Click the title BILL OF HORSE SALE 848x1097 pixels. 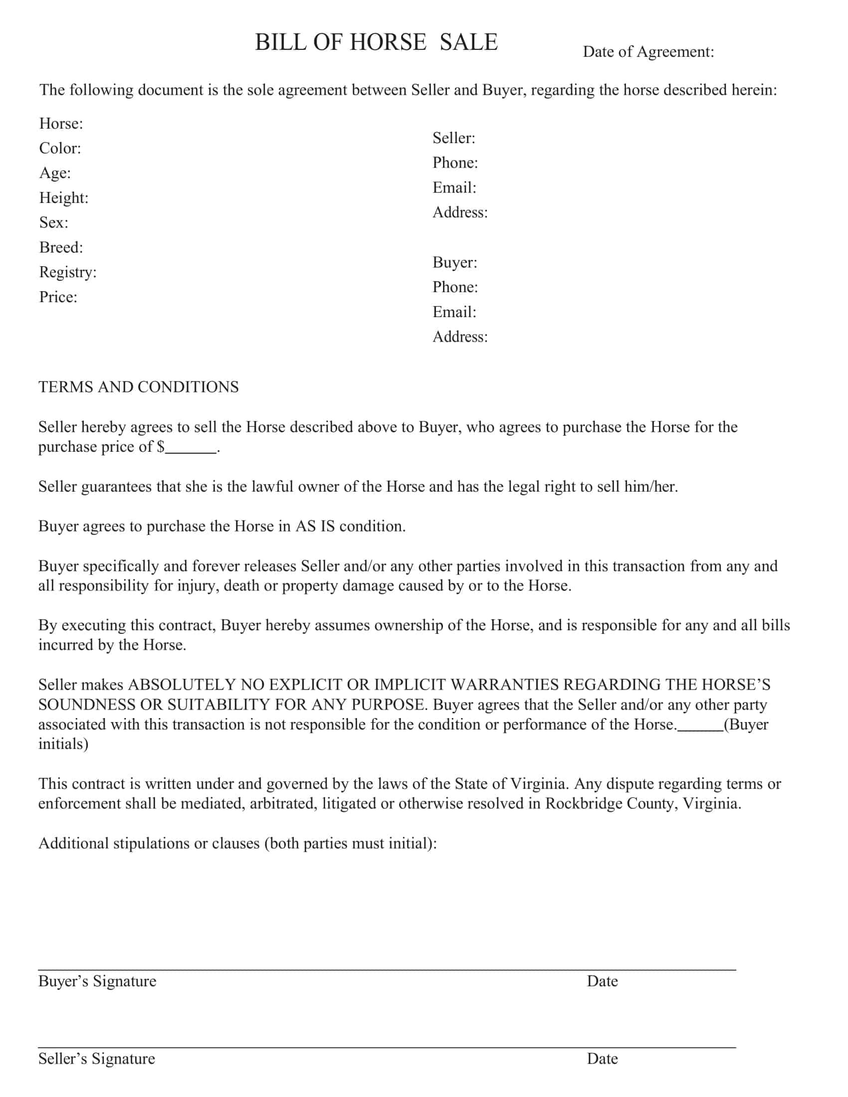pyautogui.click(x=376, y=42)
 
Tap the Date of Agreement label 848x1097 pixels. pyautogui.click(x=647, y=52)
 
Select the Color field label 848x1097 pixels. pyautogui.click(x=60, y=148)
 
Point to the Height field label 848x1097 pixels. pyautogui.click(x=64, y=198)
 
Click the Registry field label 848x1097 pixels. pyautogui.click(x=68, y=272)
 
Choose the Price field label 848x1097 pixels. pyautogui.click(x=58, y=297)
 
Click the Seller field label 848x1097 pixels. pyautogui.click(x=453, y=138)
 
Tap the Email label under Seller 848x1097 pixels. pyautogui.click(x=454, y=188)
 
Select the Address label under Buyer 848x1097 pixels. pyautogui.click(x=460, y=337)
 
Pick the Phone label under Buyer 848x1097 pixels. pyautogui.click(x=455, y=287)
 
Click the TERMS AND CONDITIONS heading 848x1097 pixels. pyautogui.click(x=139, y=387)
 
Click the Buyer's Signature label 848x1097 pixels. pyautogui.click(x=97, y=981)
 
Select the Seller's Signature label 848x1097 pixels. pyautogui.click(x=97, y=1058)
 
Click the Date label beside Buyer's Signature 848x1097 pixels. pyautogui.click(x=602, y=981)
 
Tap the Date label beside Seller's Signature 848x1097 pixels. pyautogui.click(x=602, y=1058)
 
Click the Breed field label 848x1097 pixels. pyautogui.click(x=61, y=247)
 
